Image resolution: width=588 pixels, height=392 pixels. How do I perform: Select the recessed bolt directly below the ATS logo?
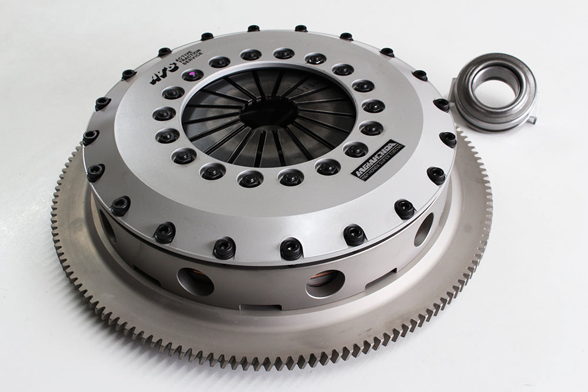173,93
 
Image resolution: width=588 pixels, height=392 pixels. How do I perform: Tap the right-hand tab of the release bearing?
533,117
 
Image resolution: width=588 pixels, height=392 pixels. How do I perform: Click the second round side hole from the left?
196,281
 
